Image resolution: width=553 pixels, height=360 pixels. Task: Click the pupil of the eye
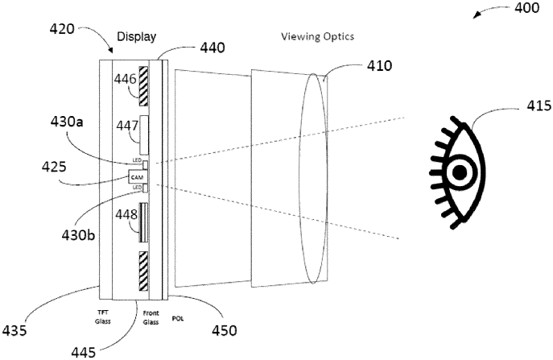point(460,172)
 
